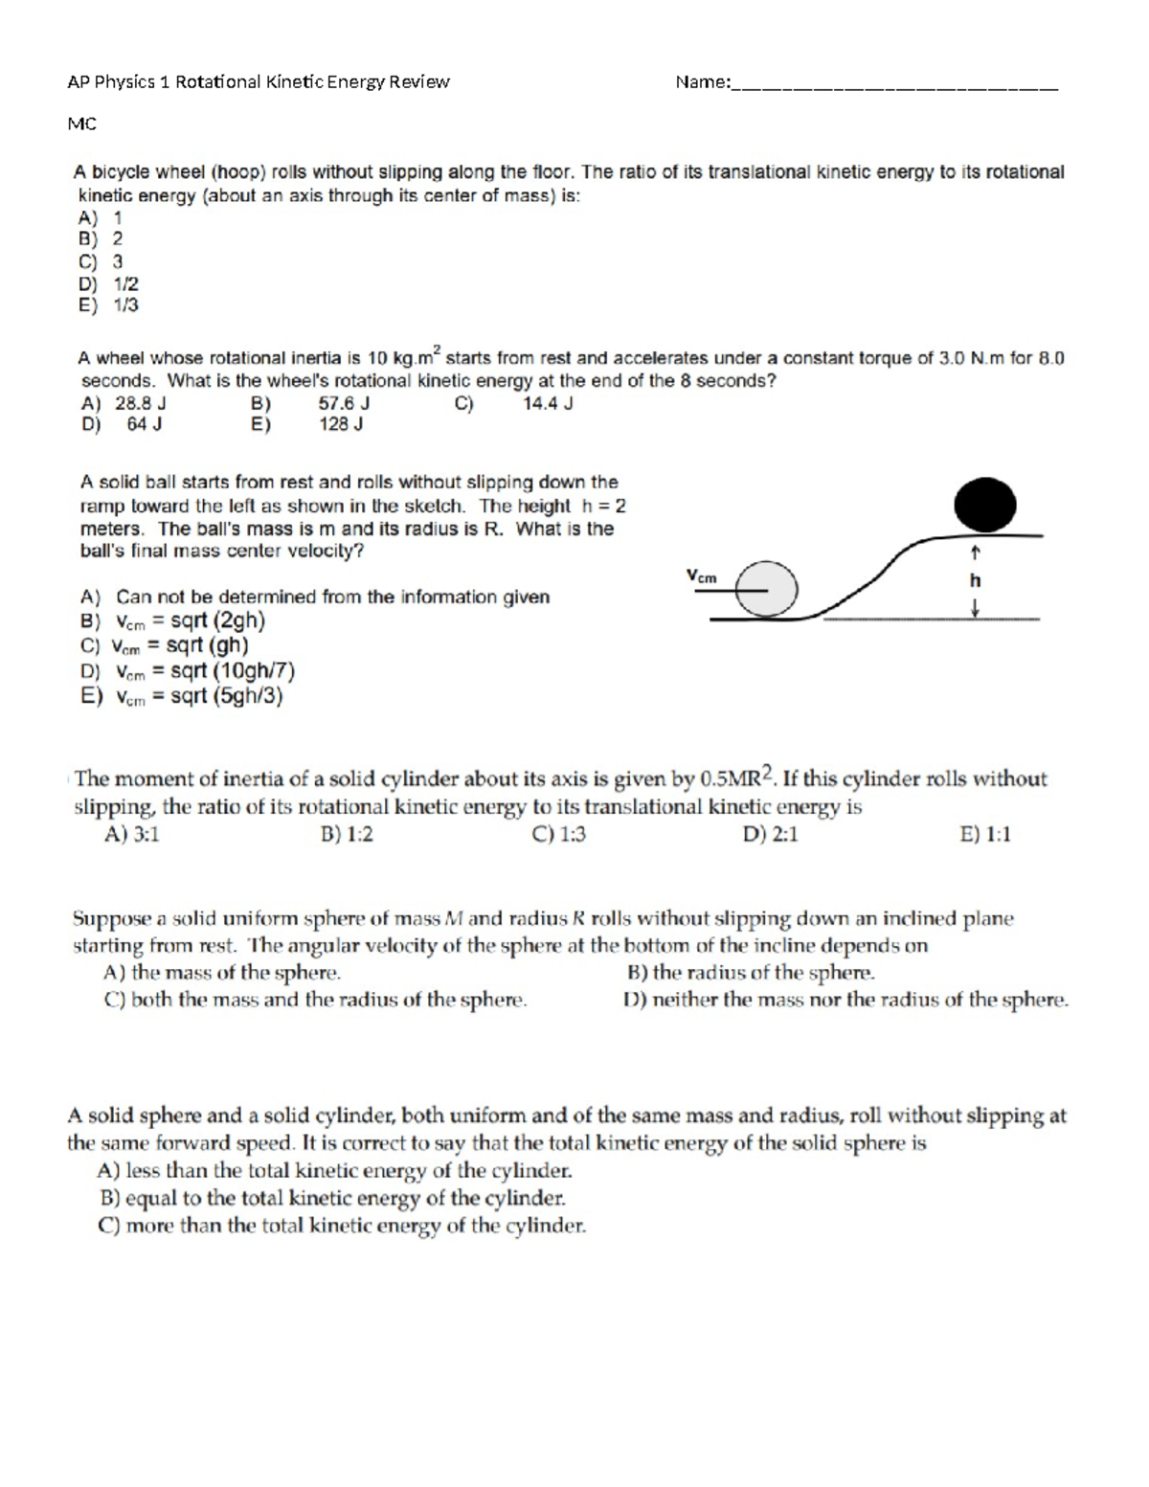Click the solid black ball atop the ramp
point(985,505)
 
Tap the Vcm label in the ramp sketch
point(701,575)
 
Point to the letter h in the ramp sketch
point(975,580)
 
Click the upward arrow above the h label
point(975,552)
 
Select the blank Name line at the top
point(894,83)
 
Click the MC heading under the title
point(81,124)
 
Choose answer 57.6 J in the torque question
point(344,403)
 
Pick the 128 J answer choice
point(340,424)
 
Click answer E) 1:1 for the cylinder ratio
point(985,834)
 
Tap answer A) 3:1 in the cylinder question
point(132,834)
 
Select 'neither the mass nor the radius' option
point(846,1000)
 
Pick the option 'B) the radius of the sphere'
point(751,973)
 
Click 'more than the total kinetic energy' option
point(343,1226)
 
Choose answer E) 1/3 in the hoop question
point(110,305)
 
